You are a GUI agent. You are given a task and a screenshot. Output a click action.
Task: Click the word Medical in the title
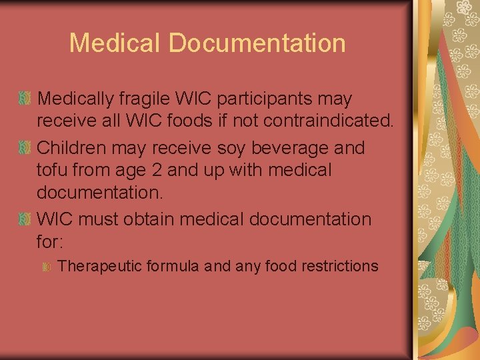115,43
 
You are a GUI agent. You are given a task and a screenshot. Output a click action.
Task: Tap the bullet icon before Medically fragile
25,99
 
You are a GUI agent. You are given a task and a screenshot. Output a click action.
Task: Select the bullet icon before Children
25,147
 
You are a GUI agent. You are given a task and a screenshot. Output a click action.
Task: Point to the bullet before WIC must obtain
25,219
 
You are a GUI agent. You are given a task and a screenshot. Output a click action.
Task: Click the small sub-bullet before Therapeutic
47,267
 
